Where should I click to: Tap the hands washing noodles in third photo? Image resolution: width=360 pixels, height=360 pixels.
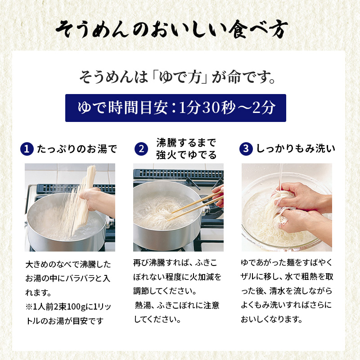click(292, 207)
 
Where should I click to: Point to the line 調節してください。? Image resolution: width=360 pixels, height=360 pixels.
click(165, 291)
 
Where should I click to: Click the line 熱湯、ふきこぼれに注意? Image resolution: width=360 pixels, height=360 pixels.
click(177, 306)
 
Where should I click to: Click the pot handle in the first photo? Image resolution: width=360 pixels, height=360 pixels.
click(109, 219)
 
